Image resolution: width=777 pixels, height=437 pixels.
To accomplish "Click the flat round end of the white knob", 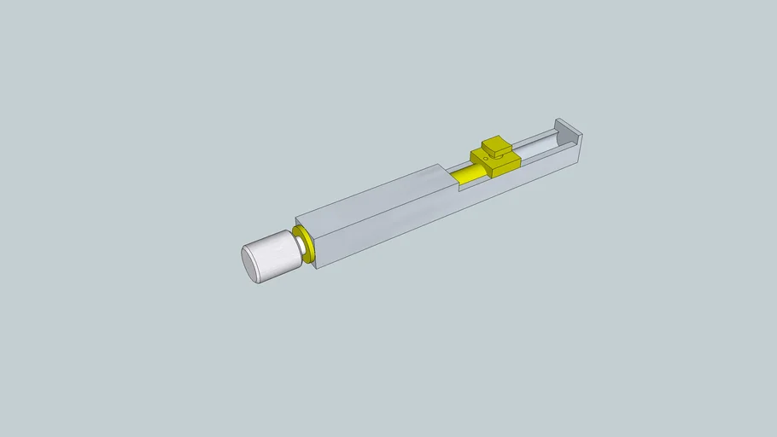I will point(253,264).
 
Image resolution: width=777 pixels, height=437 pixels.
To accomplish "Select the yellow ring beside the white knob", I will point(303,245).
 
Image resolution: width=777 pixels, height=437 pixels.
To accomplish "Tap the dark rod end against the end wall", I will point(558,137).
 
